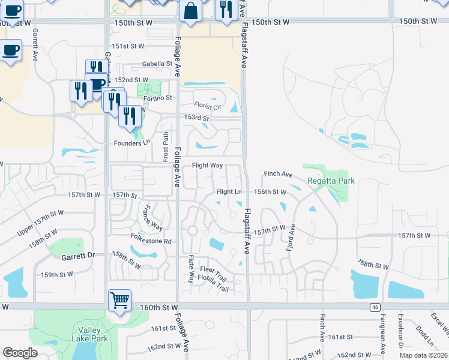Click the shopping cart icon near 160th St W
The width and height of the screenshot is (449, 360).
(119, 299)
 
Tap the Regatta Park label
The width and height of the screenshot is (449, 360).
(331, 181)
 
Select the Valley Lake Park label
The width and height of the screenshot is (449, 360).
(92, 334)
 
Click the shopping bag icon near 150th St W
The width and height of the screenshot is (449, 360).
(190, 12)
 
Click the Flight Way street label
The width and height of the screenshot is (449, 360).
(207, 165)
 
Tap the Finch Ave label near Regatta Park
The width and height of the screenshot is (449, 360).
(278, 174)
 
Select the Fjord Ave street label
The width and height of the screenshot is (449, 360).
(292, 238)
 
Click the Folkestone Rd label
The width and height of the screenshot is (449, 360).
(151, 241)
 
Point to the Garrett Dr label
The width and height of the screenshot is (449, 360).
(78, 256)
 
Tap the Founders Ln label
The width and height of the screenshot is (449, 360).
(132, 143)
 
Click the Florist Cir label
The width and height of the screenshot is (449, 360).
(208, 106)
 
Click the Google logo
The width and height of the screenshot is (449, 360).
(20, 352)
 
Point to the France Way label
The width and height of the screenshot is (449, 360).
(152, 218)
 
